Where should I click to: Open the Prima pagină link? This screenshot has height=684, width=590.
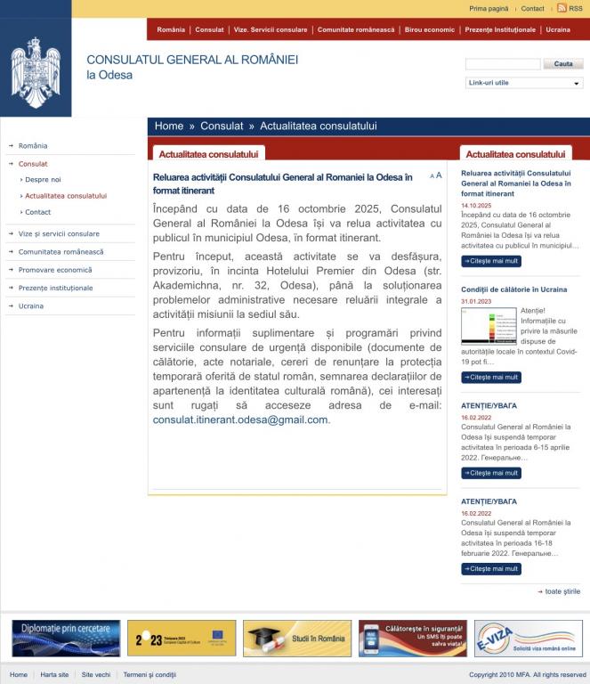click(x=489, y=8)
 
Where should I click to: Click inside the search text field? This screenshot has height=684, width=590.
click(x=503, y=64)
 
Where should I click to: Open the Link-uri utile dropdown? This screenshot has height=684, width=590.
click(x=524, y=83)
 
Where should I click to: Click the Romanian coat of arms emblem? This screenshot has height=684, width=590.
click(x=36, y=69)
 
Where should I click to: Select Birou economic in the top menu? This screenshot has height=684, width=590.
click(x=429, y=29)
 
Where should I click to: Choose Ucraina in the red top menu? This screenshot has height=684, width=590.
click(x=558, y=29)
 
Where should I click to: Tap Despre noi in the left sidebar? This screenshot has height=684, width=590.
click(x=43, y=180)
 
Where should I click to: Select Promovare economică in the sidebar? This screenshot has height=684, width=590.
click(x=55, y=270)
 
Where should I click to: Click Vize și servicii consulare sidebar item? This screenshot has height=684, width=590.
click(x=59, y=233)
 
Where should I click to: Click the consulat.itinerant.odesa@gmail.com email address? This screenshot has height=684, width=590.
click(x=240, y=419)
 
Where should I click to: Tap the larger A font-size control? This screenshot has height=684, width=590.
click(x=439, y=175)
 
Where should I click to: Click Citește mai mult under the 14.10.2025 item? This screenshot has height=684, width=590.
click(x=491, y=261)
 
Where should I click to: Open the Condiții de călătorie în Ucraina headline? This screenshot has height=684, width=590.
click(x=513, y=289)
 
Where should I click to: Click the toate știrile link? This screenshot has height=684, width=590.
click(x=562, y=590)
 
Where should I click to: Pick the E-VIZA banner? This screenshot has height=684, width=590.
click(x=529, y=638)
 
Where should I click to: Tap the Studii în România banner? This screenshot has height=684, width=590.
click(x=296, y=638)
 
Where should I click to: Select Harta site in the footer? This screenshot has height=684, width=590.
click(x=54, y=674)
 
